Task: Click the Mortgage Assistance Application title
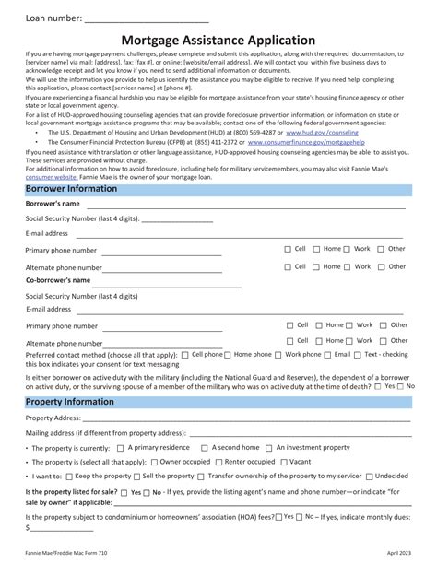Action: click(218, 41)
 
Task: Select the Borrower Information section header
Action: click(71, 189)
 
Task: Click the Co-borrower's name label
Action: click(57, 279)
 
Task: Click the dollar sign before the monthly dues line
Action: click(28, 529)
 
